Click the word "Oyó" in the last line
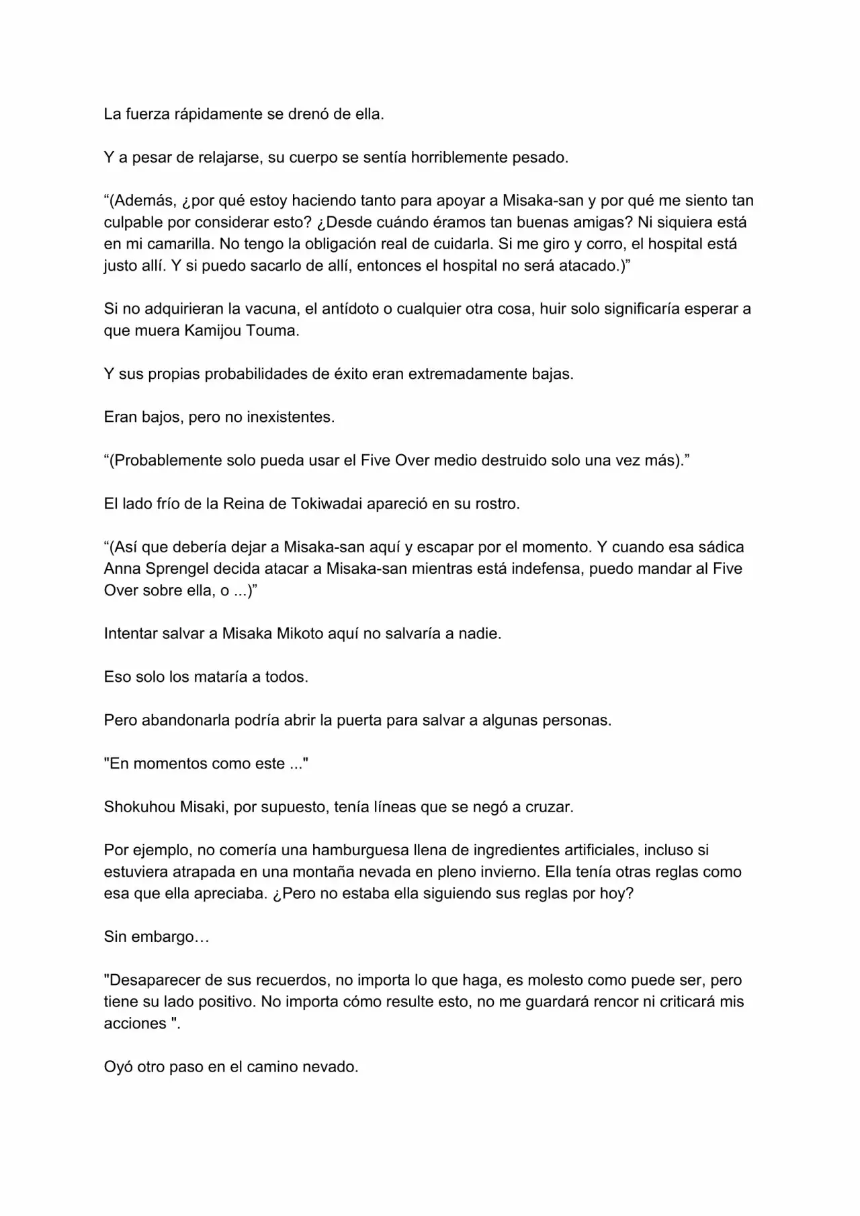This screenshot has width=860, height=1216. (118, 1067)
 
